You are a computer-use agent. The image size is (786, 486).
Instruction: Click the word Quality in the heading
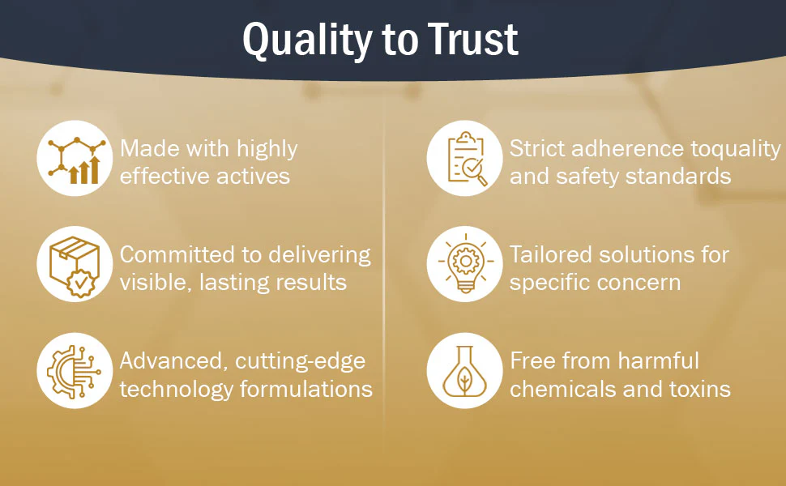click(307, 40)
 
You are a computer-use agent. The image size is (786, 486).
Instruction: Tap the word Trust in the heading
click(472, 39)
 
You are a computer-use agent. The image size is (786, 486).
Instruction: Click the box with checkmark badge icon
click(75, 266)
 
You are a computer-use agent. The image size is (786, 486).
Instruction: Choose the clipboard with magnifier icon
click(466, 158)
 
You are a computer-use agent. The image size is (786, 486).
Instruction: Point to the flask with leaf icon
click(464, 371)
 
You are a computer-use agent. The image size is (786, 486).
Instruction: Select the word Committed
click(178, 254)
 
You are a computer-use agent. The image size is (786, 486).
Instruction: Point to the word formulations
click(306, 389)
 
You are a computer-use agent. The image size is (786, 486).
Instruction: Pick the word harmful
click(658, 360)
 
